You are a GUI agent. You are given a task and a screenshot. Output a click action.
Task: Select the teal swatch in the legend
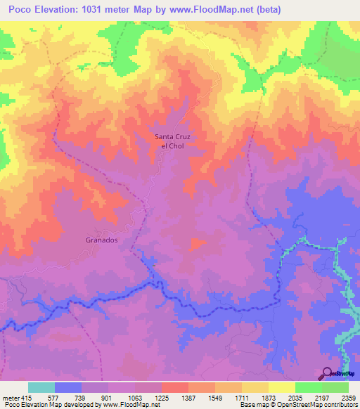(x=41, y=387)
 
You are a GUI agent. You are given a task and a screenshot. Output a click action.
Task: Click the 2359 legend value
(x=348, y=397)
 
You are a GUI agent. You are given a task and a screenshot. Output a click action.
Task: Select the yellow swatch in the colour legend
(x=282, y=387)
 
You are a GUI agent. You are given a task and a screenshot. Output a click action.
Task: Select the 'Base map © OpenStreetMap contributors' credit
(x=298, y=405)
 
